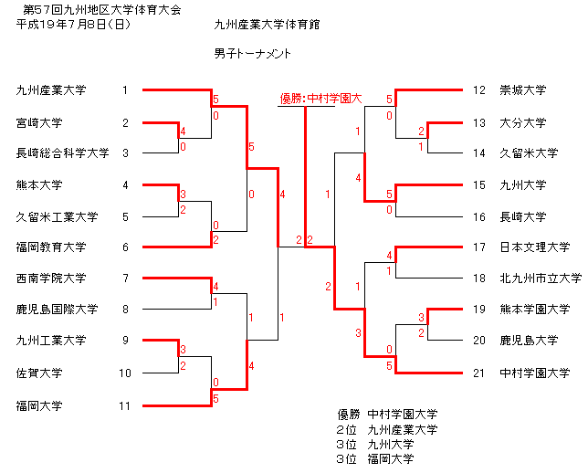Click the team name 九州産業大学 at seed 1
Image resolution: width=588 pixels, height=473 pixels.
pyautogui.click(x=51, y=90)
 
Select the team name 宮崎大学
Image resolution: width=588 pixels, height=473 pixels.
pyautogui.click(x=39, y=123)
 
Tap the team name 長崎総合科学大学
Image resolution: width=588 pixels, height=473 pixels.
pyautogui.click(x=63, y=153)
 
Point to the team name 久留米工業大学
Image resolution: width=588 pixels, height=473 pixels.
pyautogui.click(x=57, y=216)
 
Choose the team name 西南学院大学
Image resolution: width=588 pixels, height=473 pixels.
pyautogui.click(x=51, y=278)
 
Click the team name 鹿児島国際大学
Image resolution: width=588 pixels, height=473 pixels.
pyautogui.click(x=57, y=309)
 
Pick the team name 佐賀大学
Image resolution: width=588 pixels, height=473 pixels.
pyautogui.click(x=39, y=373)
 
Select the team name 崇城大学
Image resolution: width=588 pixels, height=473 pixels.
pyautogui.click(x=523, y=90)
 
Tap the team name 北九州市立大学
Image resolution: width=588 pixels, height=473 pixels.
pyautogui.click(x=541, y=278)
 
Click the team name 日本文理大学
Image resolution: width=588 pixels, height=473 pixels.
pyautogui.click(x=534, y=247)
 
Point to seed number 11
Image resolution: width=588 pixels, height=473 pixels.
pyautogui.click(x=124, y=405)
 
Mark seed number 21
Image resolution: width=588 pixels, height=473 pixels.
pyautogui.click(x=478, y=373)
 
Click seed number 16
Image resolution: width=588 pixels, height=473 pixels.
pyautogui.click(x=478, y=216)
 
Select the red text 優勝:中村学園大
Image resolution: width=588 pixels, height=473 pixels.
pyautogui.click(x=321, y=99)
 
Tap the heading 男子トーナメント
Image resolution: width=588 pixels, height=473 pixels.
pyautogui.click(x=252, y=54)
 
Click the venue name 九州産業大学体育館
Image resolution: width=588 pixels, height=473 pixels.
pyautogui.click(x=267, y=25)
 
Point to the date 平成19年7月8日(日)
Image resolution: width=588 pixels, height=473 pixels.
pyautogui.click(x=73, y=25)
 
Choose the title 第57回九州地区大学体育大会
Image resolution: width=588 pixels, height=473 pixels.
pyautogui.click(x=102, y=9)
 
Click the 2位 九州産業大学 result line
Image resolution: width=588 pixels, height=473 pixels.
pyautogui.click(x=387, y=429)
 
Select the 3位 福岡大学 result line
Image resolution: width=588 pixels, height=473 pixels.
pyautogui.click(x=375, y=458)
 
